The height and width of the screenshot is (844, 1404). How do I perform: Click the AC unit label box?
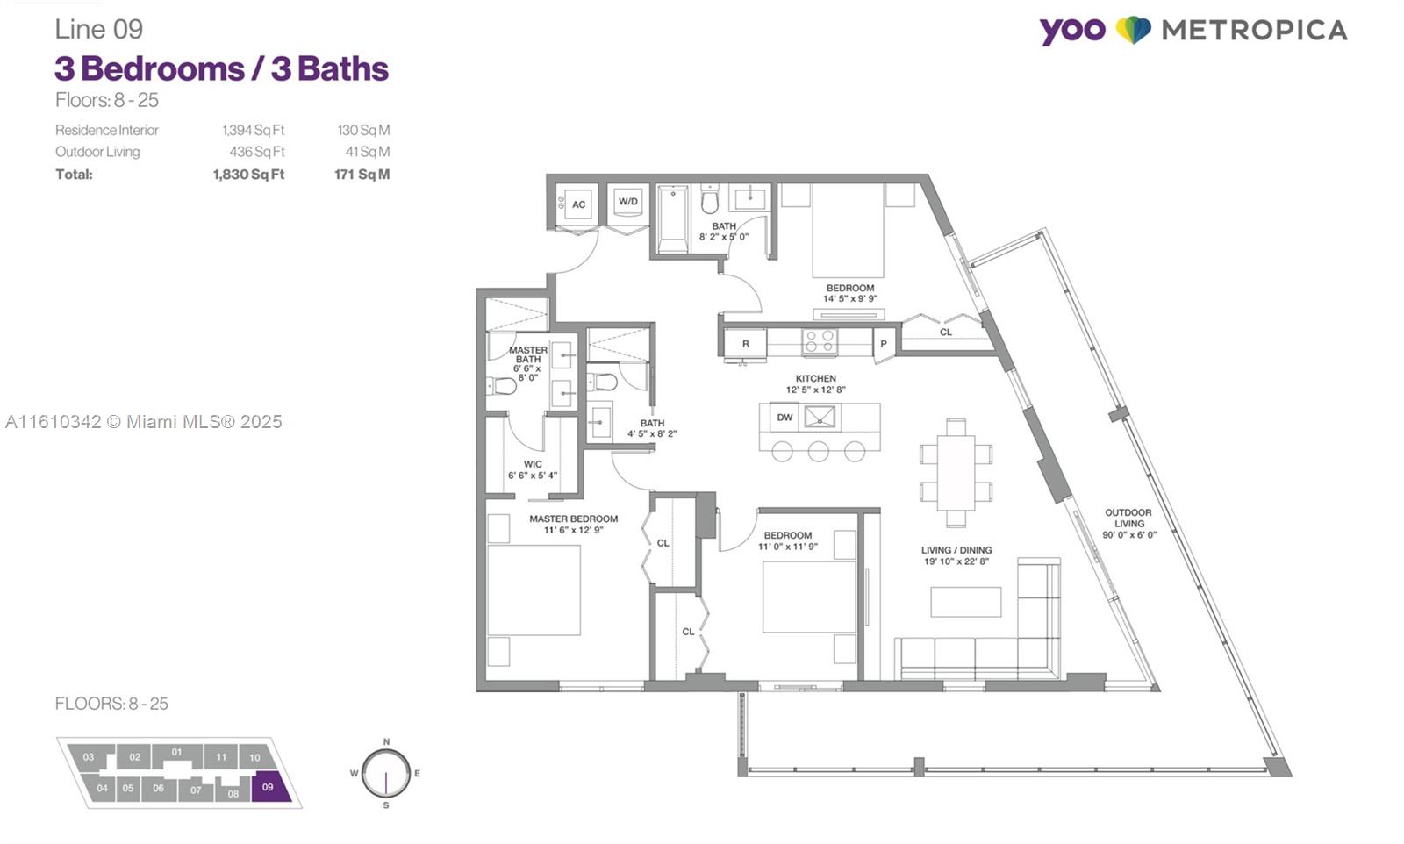click(x=578, y=204)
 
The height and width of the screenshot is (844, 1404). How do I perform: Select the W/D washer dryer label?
click(x=628, y=201)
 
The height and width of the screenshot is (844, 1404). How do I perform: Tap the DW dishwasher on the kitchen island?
click(x=784, y=418)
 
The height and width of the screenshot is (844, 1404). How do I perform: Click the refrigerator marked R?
click(x=746, y=344)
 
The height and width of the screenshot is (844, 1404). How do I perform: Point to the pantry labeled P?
click(x=884, y=345)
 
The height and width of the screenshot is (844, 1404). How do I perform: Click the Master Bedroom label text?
click(x=573, y=519)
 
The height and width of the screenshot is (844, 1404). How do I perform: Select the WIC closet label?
click(x=533, y=464)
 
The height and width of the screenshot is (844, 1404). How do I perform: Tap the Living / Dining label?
click(x=956, y=550)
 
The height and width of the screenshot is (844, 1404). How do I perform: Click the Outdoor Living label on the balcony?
click(x=1128, y=518)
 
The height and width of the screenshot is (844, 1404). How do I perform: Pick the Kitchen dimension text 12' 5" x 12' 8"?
click(x=816, y=390)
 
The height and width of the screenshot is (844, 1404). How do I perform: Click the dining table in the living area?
click(x=956, y=472)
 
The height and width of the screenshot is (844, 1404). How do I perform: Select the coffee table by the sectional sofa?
click(x=965, y=602)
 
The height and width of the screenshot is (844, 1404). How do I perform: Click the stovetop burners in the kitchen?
click(x=820, y=342)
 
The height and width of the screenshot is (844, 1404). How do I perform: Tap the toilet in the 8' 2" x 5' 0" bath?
click(x=710, y=203)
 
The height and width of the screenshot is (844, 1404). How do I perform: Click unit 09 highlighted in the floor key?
click(x=268, y=787)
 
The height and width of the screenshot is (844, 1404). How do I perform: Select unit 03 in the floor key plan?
click(x=89, y=757)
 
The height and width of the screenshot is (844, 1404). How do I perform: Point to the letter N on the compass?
click(x=386, y=741)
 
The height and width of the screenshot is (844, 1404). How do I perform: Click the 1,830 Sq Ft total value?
click(x=248, y=175)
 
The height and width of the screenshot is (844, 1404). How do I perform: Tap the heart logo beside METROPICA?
click(x=1133, y=30)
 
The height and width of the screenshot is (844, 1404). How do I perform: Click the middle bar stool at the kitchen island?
click(x=819, y=452)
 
